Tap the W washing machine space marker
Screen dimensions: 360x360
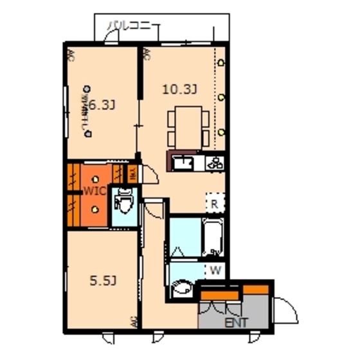[x=216, y=270]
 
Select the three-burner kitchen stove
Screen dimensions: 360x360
[x=215, y=163]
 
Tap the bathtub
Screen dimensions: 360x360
[x=213, y=238]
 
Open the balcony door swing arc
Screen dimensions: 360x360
[x=111, y=39]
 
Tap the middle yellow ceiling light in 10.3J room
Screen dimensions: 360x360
[x=221, y=98]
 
